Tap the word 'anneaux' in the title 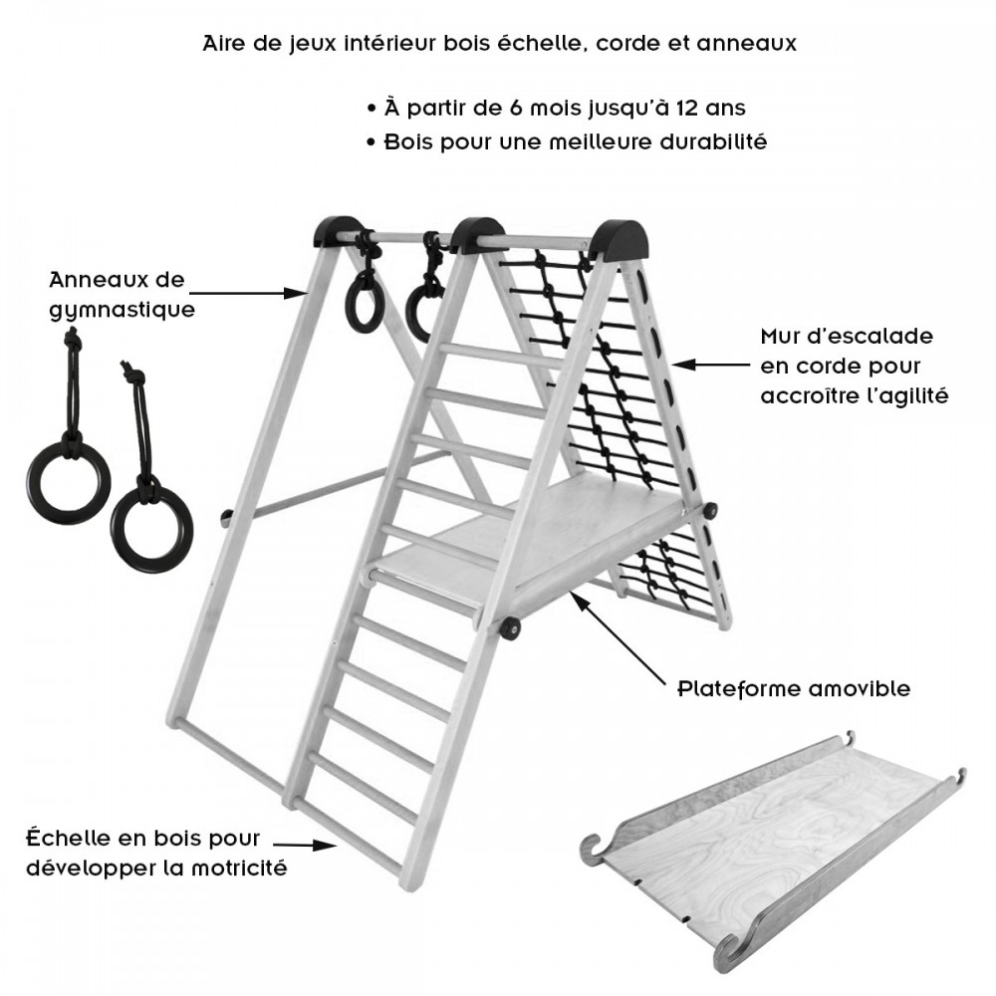pyautogui.click(x=747, y=44)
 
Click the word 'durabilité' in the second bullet pyautogui.click(x=713, y=141)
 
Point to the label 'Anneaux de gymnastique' pyautogui.click(x=122, y=295)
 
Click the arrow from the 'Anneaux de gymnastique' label pyautogui.click(x=249, y=293)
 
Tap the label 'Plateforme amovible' pyautogui.click(x=794, y=688)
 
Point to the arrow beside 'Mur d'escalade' pyautogui.click(x=711, y=365)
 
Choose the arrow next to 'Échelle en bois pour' pyautogui.click(x=305, y=845)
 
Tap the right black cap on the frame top pyautogui.click(x=619, y=239)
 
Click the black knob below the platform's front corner pyautogui.click(x=508, y=628)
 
